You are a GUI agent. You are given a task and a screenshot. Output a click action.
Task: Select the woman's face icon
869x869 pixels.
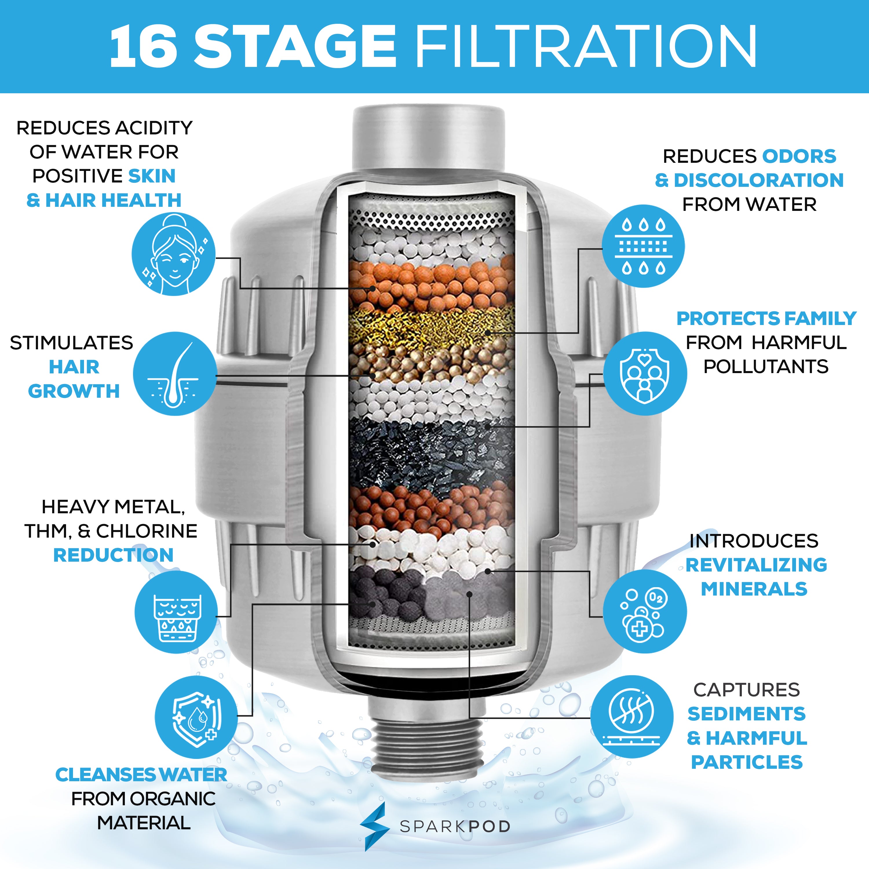(173, 254)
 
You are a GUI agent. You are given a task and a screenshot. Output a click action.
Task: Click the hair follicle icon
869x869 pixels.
(174, 374)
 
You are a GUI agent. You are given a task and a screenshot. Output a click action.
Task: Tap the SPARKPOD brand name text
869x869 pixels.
(455, 827)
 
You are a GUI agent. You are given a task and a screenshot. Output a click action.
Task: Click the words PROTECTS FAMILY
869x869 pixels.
(766, 318)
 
